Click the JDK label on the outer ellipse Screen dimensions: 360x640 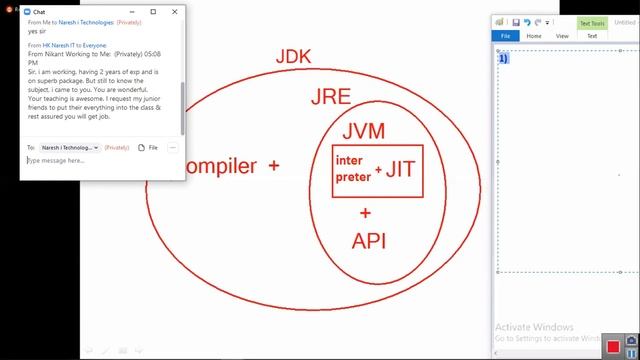pos(293,56)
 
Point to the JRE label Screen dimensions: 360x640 pos(331,97)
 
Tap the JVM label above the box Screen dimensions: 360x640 pos(363,132)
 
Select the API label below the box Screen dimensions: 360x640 pos(368,241)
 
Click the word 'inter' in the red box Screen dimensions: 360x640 pos(349,160)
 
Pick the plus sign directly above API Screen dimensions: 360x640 pos(365,213)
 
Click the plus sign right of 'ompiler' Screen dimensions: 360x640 pos(273,166)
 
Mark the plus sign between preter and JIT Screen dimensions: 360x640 pos(378,171)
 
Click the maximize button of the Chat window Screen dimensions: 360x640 pos(153,12)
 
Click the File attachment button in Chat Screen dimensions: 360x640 pos(147,147)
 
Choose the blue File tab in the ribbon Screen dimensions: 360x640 pos(506,36)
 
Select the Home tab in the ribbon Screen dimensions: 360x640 pos(535,36)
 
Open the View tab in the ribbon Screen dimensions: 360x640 pos(562,36)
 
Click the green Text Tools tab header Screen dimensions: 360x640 pos(592,23)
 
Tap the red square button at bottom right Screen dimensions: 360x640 pos(613,346)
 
